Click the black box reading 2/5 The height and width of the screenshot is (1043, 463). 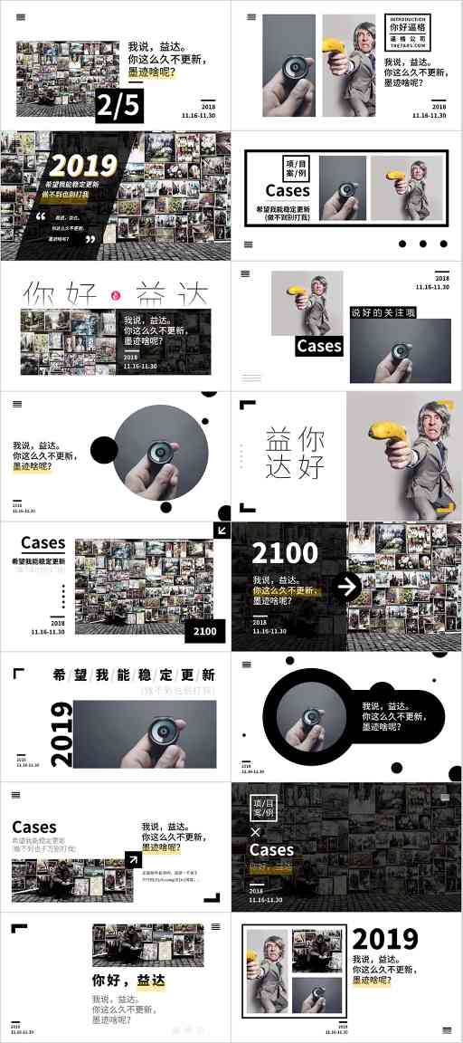click(x=119, y=107)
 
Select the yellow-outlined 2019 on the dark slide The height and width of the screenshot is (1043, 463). click(x=84, y=165)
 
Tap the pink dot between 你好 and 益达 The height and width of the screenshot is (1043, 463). click(x=116, y=295)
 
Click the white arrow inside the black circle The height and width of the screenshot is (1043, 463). click(x=345, y=587)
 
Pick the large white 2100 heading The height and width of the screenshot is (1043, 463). click(x=285, y=552)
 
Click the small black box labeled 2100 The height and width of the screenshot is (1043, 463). click(x=204, y=631)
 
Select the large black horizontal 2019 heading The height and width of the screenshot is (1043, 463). click(x=385, y=939)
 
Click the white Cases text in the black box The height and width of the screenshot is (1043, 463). click(x=319, y=346)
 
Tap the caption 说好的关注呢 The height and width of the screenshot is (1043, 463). click(x=384, y=312)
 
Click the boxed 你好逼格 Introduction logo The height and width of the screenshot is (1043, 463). click(x=410, y=33)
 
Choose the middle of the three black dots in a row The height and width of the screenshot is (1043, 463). click(x=422, y=244)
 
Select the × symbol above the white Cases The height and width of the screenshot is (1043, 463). click(x=254, y=831)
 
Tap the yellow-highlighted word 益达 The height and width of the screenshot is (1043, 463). click(x=151, y=980)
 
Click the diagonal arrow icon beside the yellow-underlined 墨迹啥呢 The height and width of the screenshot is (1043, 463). click(x=133, y=860)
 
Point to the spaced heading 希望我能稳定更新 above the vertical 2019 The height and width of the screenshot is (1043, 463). click(x=134, y=675)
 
